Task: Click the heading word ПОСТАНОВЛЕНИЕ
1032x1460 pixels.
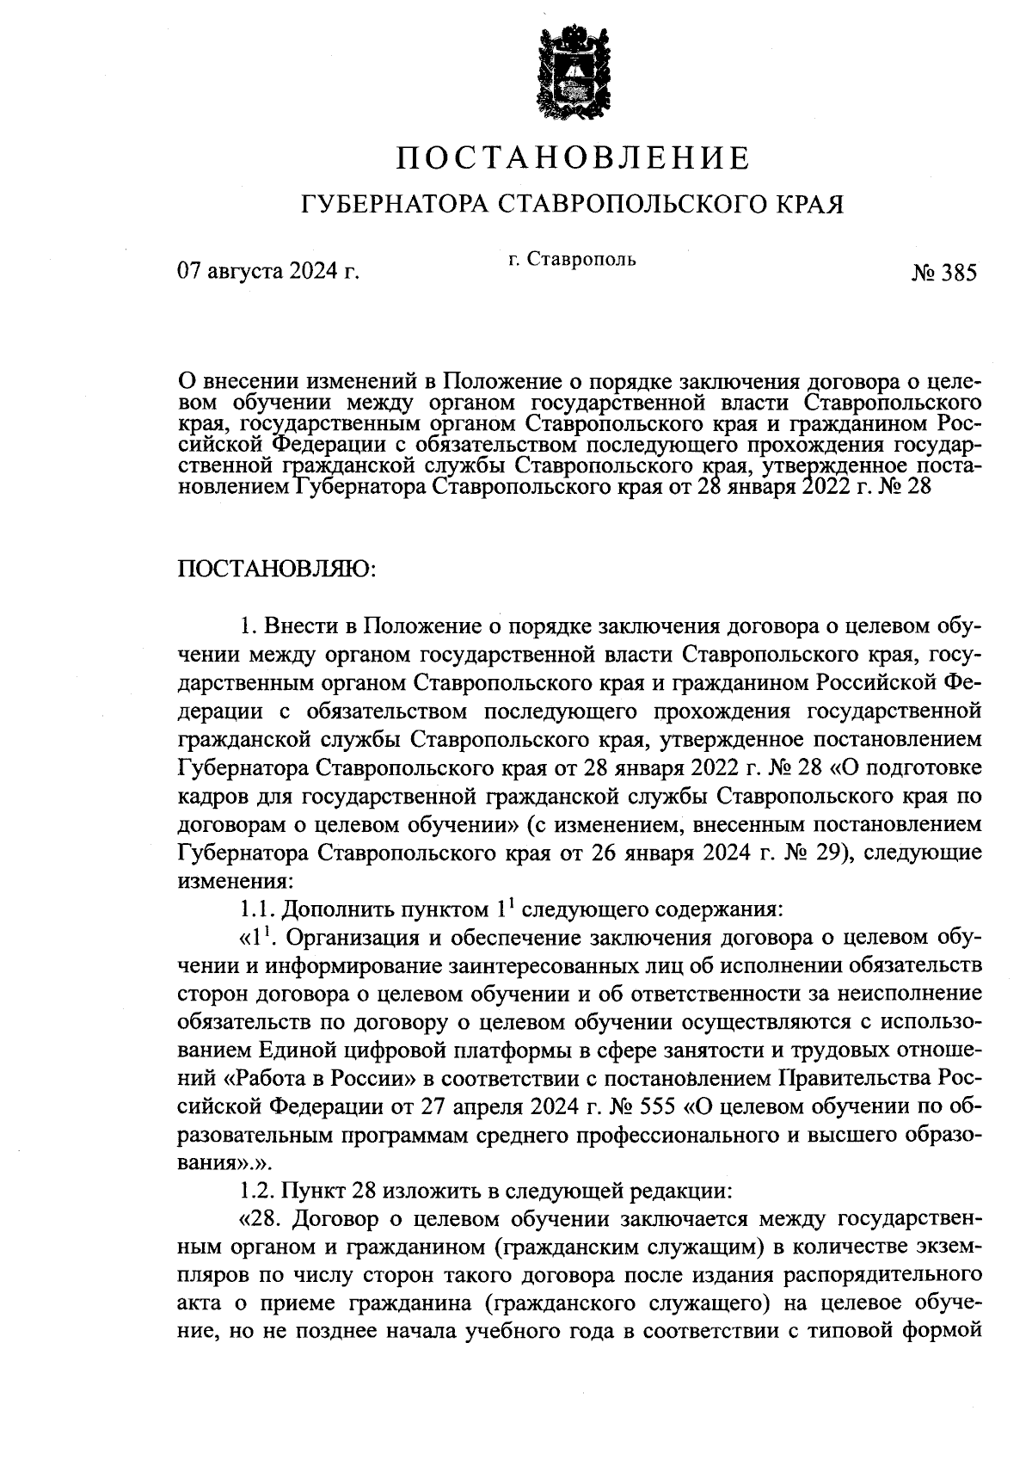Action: click(574, 157)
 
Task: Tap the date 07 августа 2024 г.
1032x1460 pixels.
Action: click(267, 273)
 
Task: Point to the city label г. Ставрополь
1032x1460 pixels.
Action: click(572, 259)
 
